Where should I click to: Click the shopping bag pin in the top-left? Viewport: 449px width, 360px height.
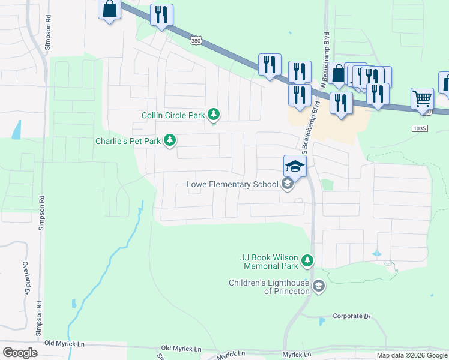tap(109, 10)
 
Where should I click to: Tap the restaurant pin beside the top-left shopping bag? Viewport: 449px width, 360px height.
tap(161, 15)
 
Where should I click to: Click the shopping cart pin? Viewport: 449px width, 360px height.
tap(423, 99)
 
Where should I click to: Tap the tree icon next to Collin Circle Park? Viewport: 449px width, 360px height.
tap(214, 114)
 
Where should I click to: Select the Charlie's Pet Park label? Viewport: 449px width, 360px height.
tap(128, 141)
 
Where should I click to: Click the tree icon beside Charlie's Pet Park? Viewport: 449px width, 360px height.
tap(170, 140)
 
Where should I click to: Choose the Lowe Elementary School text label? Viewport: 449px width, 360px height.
tap(232, 184)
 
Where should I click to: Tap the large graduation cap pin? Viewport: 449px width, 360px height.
tap(295, 166)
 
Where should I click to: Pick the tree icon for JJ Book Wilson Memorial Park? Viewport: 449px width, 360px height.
tap(307, 260)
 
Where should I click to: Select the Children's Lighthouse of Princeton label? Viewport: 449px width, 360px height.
tap(270, 287)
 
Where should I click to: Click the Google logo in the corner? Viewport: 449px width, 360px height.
tap(20, 352)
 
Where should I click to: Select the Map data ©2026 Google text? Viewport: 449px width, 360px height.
tap(412, 355)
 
